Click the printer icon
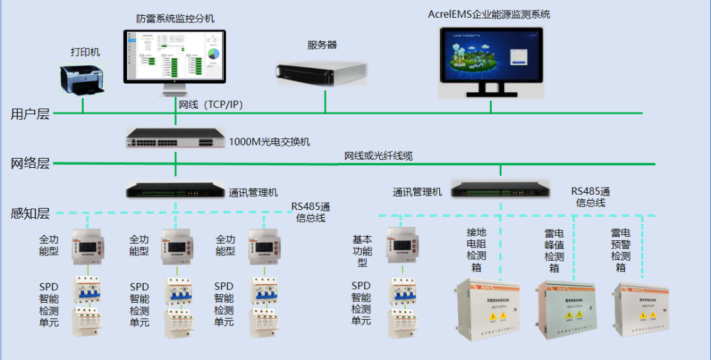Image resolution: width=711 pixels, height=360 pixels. tap(83, 80)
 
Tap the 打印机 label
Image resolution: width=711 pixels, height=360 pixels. tap(86, 52)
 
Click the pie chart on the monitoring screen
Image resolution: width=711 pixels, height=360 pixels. tap(213, 54)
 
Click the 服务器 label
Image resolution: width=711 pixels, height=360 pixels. tap(322, 45)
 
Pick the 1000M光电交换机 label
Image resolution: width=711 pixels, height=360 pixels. tap(269, 141)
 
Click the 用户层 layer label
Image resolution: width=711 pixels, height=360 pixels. tap(30, 114)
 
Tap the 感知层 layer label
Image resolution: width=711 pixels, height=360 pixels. tap(30, 213)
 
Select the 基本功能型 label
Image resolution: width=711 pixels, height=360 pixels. tap(362, 251)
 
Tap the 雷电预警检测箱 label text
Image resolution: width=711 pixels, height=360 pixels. tap(620, 249)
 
